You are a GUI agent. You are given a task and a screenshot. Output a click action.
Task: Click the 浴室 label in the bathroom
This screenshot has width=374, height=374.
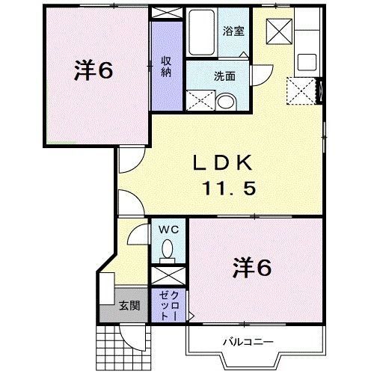pyautogui.click(x=234, y=31)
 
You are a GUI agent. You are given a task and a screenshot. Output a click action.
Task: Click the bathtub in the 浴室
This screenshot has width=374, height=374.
pyautogui.click(x=201, y=34)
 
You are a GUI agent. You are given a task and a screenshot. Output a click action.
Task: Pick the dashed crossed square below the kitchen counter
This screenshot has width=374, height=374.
pyautogui.click(x=303, y=93)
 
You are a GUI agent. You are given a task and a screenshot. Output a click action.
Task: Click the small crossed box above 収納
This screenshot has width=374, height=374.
pyautogui.click(x=167, y=13)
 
